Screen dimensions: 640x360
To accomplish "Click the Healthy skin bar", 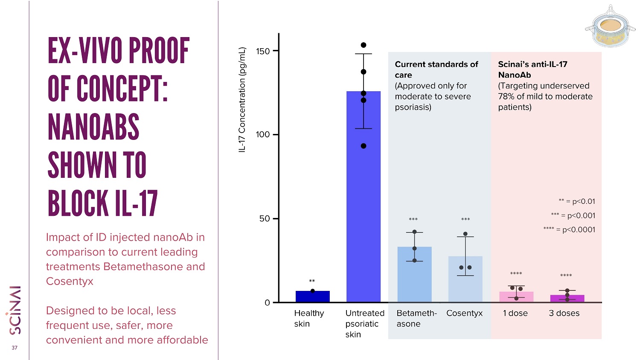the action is pos(313,296).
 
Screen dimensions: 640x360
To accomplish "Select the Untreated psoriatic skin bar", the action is pos(364,197).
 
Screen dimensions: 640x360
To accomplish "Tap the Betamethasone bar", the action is pos(415,274).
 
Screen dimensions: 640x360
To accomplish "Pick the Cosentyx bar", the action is pos(465,279).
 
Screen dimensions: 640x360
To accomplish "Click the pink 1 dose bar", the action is pos(516,297).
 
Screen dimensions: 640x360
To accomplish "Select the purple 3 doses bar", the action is pos(567,299).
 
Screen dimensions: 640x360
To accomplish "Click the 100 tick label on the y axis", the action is pos(263,134).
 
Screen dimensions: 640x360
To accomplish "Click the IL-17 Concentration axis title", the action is pos(242,100).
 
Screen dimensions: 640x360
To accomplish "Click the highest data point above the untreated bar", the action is pos(364,45).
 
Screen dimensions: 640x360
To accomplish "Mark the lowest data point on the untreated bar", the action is pos(364,146).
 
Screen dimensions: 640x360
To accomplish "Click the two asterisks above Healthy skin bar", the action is pos(312,281).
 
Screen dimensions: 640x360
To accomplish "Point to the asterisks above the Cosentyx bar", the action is pos(465,219).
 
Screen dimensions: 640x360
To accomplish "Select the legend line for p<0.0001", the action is pos(569,229).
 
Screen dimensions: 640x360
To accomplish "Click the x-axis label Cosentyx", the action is pos(464,313).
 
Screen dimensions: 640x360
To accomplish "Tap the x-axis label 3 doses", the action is pos(564,313).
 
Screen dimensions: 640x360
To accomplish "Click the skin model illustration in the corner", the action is pos(610,26).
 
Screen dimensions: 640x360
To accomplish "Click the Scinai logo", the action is pos(14,310).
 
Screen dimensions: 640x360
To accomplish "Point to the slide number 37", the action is pos(15,348).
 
